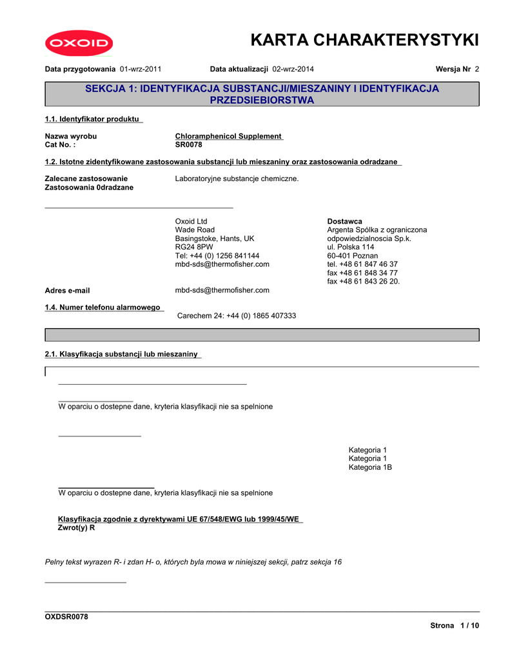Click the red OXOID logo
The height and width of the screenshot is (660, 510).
pyautogui.click(x=79, y=44)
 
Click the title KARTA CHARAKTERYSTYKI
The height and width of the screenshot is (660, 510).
pyautogui.click(x=364, y=40)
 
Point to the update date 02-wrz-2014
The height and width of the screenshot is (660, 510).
pyautogui.click(x=293, y=68)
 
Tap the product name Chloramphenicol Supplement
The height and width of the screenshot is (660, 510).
pyautogui.click(x=228, y=136)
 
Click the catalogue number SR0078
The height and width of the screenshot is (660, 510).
pyautogui.click(x=189, y=144)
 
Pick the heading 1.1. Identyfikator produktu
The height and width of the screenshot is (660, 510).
pyautogui.click(x=93, y=119)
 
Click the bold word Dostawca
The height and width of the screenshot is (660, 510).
pyautogui.click(x=344, y=221)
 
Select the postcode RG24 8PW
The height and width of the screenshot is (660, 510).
pyautogui.click(x=194, y=247)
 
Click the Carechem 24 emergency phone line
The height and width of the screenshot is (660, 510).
pyautogui.click(x=237, y=316)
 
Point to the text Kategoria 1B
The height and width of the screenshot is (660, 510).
pyautogui.click(x=370, y=467)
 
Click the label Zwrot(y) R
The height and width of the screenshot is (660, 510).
pyautogui.click(x=76, y=528)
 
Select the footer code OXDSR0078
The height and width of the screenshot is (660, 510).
pyautogui.click(x=66, y=617)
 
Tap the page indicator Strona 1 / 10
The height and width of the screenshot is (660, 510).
pyautogui.click(x=455, y=626)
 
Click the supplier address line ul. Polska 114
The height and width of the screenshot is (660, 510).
pyautogui.click(x=350, y=247)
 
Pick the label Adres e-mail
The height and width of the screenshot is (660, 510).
pyautogui.click(x=67, y=291)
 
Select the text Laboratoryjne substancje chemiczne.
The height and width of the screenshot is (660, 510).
pyautogui.click(x=237, y=179)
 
